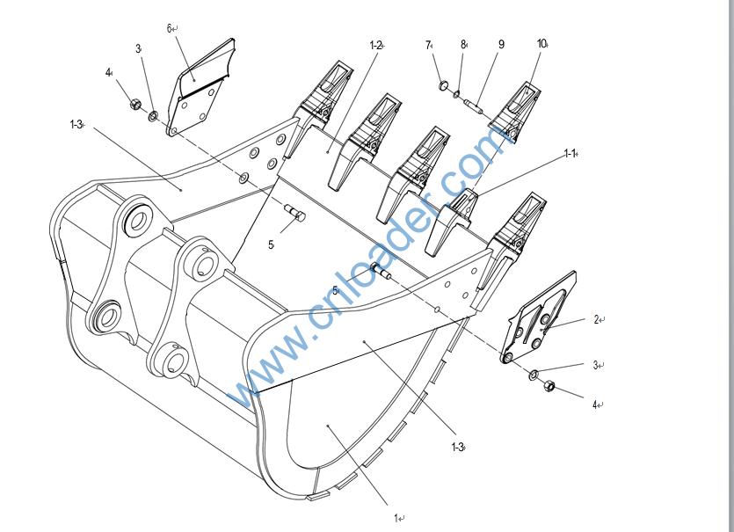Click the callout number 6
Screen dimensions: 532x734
point(169,28)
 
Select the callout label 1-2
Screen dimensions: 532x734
point(375,45)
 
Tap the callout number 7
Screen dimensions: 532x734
point(428,45)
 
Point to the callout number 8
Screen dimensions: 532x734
point(462,45)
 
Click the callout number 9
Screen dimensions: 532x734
point(501,44)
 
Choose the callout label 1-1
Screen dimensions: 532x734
point(570,154)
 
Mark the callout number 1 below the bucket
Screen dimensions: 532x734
point(397,519)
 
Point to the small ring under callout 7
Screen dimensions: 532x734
point(445,85)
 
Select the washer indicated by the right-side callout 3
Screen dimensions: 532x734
point(534,375)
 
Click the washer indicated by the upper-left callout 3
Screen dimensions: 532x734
point(153,115)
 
